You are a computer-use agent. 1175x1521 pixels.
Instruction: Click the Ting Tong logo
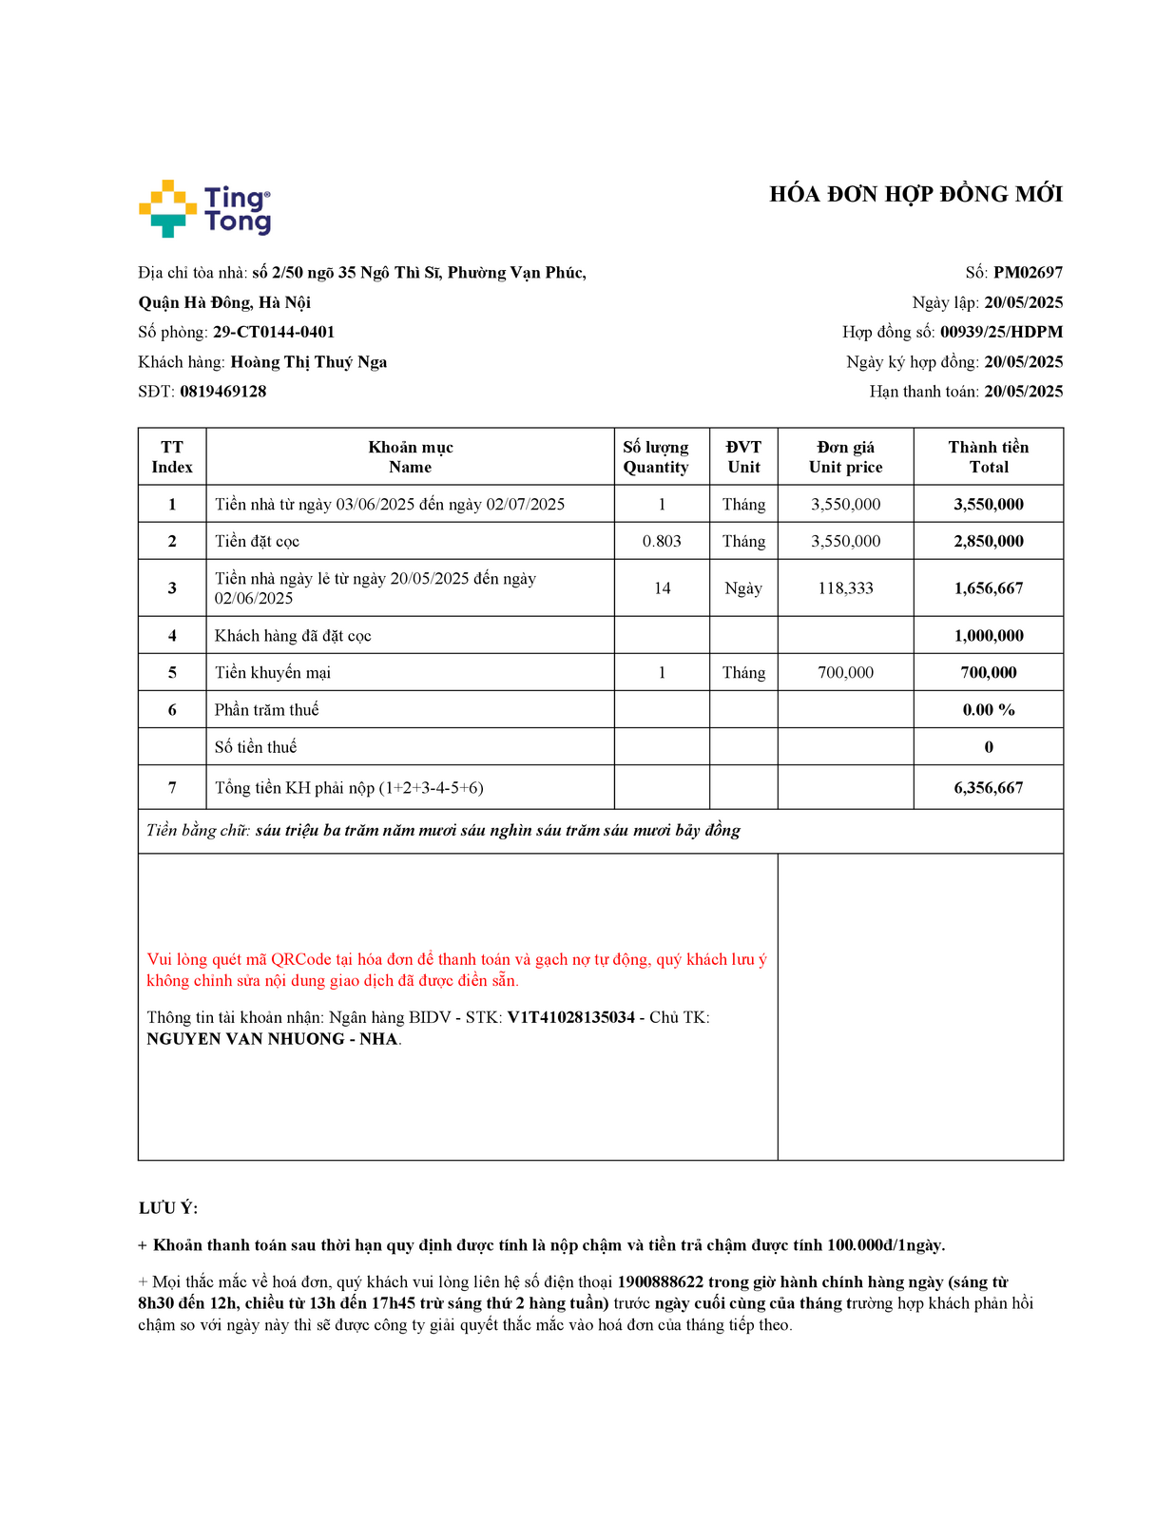coord(204,208)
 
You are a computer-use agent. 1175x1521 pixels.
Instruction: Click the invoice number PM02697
coord(1028,273)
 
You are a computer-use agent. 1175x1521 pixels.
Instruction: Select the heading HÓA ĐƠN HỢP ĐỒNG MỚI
coord(915,195)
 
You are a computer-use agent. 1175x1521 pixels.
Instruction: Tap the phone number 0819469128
coord(223,392)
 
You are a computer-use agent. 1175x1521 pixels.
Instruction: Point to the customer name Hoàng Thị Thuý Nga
coord(309,362)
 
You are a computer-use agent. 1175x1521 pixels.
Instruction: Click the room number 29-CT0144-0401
coord(274,333)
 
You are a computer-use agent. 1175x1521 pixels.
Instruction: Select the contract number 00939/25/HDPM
coord(1001,333)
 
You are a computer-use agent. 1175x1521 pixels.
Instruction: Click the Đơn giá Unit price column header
coord(845,457)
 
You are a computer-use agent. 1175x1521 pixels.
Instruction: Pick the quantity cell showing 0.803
coord(662,542)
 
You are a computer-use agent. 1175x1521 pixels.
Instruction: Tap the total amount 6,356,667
coord(989,788)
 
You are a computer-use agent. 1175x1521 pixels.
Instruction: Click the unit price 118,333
coord(845,588)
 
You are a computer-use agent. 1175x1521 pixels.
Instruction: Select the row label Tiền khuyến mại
coord(273,673)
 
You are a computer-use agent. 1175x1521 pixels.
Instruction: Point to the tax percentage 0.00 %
coord(989,710)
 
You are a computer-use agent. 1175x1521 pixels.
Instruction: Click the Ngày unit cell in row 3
coord(743,588)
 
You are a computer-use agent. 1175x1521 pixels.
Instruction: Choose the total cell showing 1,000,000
coord(989,636)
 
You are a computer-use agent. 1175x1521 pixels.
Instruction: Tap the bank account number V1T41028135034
coord(570,1018)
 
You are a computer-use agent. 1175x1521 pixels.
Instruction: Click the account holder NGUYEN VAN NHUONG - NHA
coord(272,1039)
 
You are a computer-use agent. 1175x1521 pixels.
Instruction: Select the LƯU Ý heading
coord(168,1208)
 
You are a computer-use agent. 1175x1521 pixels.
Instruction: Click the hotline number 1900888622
coord(660,1282)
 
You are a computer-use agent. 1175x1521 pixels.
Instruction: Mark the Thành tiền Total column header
coord(989,457)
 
